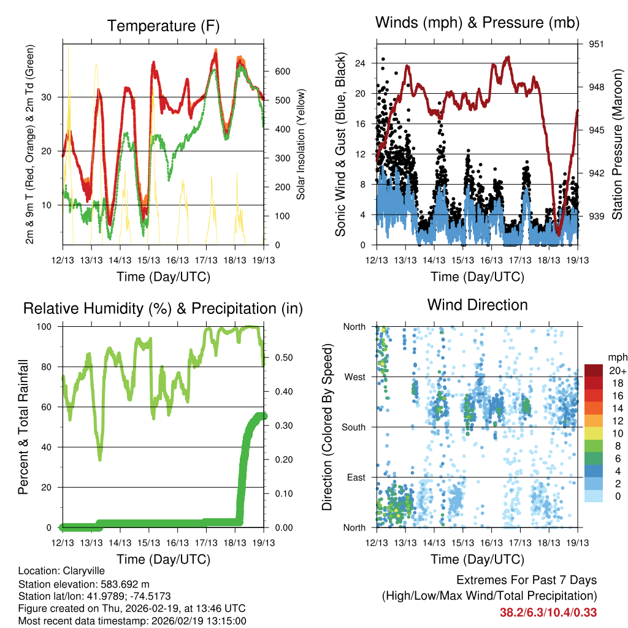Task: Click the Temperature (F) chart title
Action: click(x=163, y=26)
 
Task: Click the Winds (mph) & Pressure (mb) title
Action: click(x=477, y=23)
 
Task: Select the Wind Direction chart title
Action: click(x=477, y=305)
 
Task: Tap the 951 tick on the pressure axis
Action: click(x=597, y=44)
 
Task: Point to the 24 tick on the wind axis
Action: click(x=360, y=63)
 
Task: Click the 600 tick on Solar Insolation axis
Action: click(x=282, y=71)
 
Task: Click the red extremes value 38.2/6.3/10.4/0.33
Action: click(x=548, y=612)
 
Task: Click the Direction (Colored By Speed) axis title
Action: click(x=327, y=427)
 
